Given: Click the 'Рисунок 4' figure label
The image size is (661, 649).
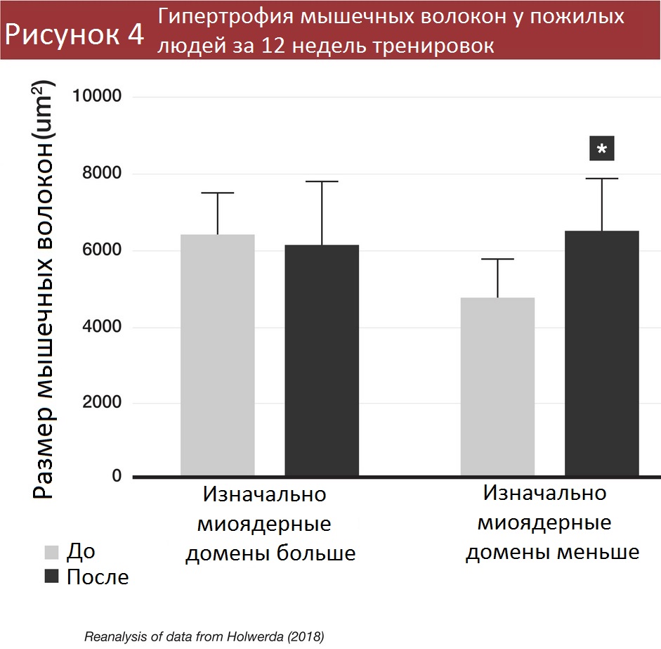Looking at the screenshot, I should click(x=73, y=33).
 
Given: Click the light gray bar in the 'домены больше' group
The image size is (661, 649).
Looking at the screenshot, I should click(x=217, y=355).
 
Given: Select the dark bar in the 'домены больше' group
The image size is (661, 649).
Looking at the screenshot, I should click(x=321, y=360).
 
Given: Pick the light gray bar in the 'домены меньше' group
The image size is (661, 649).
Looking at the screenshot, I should click(x=497, y=387).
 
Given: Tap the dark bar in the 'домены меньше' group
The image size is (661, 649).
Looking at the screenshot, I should click(x=602, y=353).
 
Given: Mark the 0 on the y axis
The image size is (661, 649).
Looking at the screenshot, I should click(x=117, y=476).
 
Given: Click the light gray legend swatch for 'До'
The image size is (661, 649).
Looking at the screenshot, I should click(x=51, y=551).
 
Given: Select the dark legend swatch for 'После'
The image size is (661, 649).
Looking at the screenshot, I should click(x=51, y=577).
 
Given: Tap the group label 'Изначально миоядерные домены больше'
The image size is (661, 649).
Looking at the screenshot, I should click(x=270, y=524).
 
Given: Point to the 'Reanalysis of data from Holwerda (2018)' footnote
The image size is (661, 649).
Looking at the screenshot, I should click(x=204, y=637).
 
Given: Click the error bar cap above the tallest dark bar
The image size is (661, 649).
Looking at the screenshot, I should click(x=602, y=179).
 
